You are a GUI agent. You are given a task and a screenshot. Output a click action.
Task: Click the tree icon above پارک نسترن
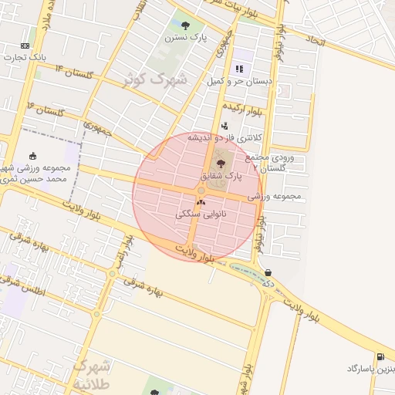point(185,24)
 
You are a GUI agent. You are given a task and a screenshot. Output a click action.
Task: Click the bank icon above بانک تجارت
point(25,46)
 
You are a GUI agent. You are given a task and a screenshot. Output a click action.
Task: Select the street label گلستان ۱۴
point(74,72)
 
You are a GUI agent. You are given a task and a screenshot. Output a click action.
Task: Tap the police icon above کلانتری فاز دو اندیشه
point(225,126)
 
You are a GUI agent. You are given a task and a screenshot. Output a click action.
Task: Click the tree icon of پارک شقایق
point(222,163)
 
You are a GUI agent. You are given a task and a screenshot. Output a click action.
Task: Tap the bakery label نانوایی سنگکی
point(201,214)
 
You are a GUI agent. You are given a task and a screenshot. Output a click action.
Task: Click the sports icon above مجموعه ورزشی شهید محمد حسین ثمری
point(32,157)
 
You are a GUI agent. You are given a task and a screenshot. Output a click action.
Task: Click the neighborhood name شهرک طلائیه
point(91,373)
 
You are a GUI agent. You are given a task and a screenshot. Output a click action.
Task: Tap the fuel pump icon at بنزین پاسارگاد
point(380,356)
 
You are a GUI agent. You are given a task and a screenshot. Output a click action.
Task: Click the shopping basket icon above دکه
point(268,272)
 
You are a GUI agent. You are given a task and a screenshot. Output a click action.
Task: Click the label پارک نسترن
point(185,36)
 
